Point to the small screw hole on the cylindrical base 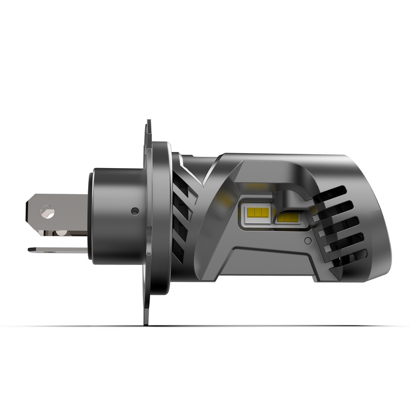135,211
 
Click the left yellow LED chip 257,212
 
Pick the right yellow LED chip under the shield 288,217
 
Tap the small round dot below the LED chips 307,240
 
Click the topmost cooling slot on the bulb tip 331,194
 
